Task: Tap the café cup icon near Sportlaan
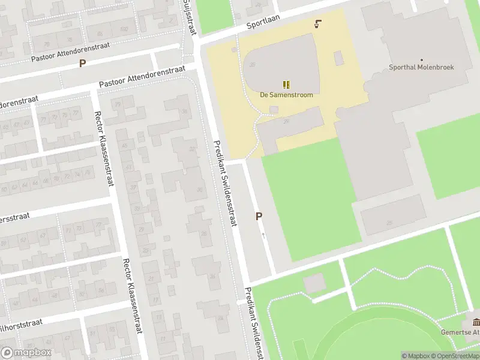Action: click(317, 25)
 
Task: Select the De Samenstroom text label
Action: click(286, 95)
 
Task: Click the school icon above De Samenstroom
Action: click(286, 85)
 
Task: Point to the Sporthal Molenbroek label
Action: click(421, 67)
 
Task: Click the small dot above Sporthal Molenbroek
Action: click(421, 59)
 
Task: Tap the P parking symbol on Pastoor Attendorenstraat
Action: click(82, 63)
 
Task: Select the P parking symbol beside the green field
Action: click(259, 216)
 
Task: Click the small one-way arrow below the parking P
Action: click(263, 235)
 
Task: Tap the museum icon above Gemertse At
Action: click(476, 322)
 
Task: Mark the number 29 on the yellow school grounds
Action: click(286, 122)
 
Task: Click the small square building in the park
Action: click(314, 283)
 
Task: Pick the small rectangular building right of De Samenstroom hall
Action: click(338, 58)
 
